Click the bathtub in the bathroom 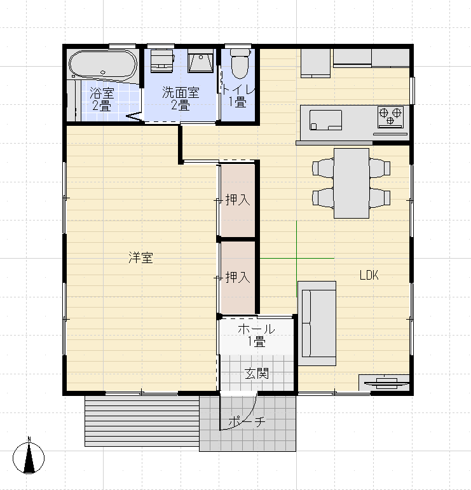pyautogui.click(x=102, y=64)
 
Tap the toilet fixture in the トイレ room pyautogui.click(x=239, y=64)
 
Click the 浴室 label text pyautogui.click(x=101, y=92)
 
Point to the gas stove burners pyautogui.click(x=390, y=114)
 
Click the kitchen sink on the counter pyautogui.click(x=325, y=119)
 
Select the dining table pyautogui.click(x=352, y=183)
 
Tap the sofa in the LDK pyautogui.click(x=317, y=323)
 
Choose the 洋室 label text pyautogui.click(x=140, y=258)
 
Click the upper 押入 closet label pyautogui.click(x=238, y=200)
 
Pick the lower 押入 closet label pyautogui.click(x=238, y=278)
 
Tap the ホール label pyautogui.click(x=256, y=329)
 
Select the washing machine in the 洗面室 pyautogui.click(x=161, y=61)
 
